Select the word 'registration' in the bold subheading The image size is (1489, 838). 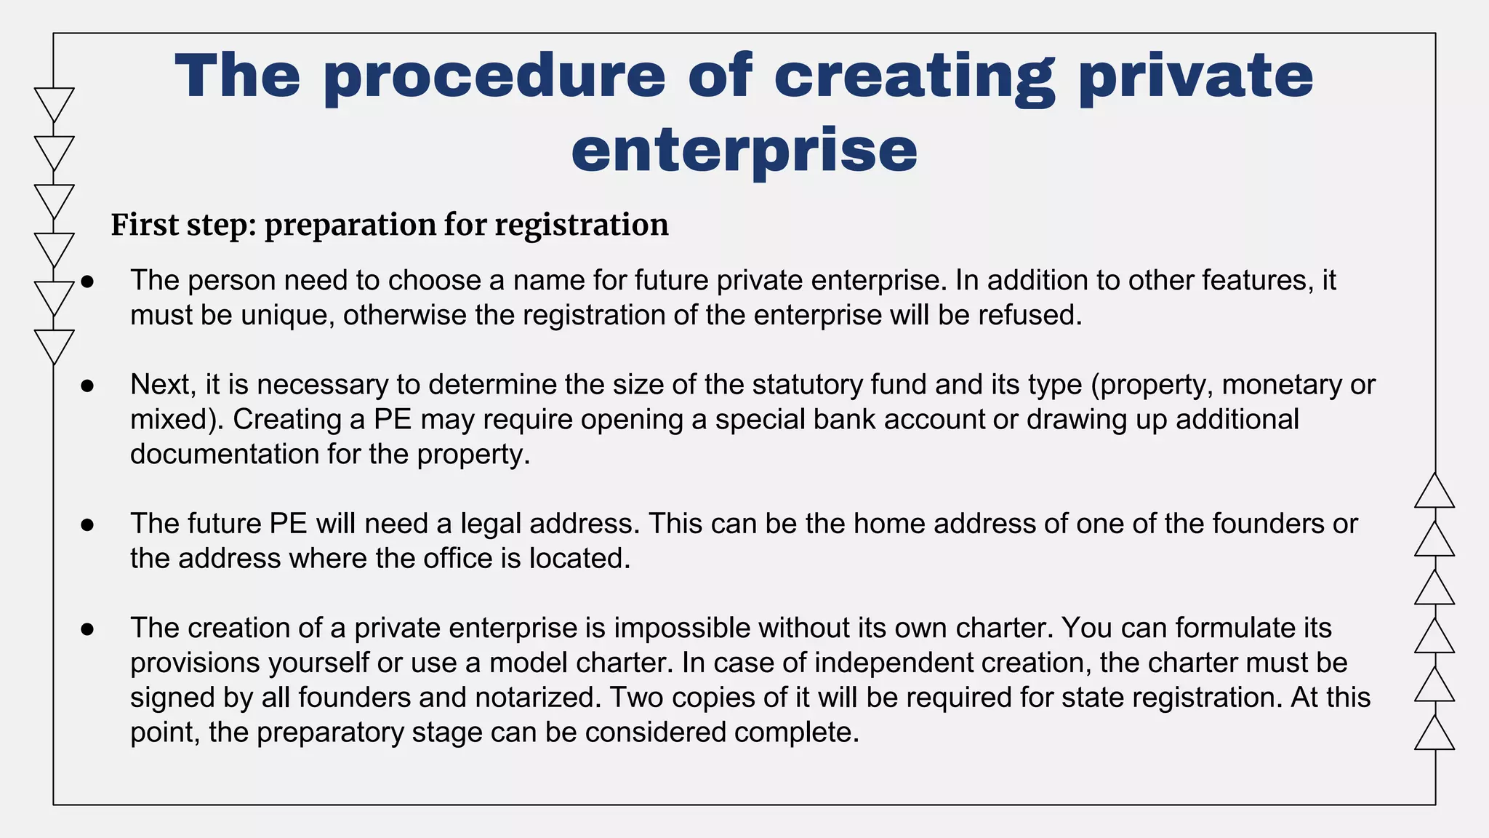582,225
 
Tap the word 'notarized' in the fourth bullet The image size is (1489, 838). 539,698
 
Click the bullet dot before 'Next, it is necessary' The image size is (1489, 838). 88,386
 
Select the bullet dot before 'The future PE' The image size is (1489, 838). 88,524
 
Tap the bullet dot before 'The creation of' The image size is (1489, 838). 88,628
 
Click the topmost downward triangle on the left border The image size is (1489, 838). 54,102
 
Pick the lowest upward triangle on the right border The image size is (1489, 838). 1434,735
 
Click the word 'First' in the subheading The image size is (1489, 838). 144,225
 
